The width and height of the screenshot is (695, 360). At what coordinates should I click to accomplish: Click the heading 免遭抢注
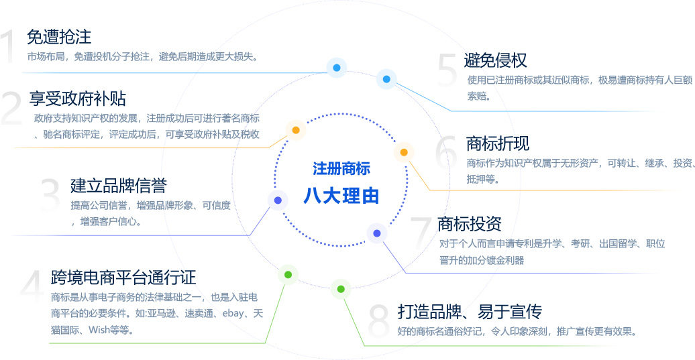tap(59, 37)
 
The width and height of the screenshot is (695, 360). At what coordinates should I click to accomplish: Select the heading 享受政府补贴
tap(78, 99)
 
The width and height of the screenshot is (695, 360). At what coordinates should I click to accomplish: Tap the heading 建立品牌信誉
tap(118, 186)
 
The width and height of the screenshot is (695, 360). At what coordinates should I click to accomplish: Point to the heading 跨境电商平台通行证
tap(123, 278)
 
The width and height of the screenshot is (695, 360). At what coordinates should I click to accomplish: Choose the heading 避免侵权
tap(496, 60)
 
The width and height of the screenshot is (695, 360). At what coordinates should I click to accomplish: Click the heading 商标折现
tap(498, 143)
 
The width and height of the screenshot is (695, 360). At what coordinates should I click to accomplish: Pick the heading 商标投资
tap(470, 224)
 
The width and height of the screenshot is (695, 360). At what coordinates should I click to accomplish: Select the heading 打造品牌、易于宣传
tap(470, 312)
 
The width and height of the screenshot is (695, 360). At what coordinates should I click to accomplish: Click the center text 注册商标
tap(341, 169)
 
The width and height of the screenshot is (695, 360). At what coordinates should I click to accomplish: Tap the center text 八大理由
tap(341, 196)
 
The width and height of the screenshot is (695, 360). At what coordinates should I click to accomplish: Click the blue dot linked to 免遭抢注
tap(337, 68)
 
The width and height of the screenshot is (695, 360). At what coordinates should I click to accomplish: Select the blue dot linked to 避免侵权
tap(386, 79)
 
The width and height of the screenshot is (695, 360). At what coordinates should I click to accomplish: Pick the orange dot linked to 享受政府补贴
tap(296, 130)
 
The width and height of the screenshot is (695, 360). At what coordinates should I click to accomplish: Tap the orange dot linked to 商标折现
tap(404, 152)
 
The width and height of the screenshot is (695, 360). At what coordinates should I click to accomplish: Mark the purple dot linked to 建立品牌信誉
tap(278, 200)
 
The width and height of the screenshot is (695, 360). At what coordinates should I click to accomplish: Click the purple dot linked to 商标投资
tap(377, 233)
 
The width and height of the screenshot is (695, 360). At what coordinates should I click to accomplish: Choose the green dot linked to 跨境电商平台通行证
tap(288, 275)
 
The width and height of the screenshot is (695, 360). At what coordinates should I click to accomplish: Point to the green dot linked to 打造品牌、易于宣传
tap(340, 289)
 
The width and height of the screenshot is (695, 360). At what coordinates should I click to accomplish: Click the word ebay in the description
tap(233, 314)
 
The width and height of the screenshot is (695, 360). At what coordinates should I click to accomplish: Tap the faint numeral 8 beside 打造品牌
tap(379, 321)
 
